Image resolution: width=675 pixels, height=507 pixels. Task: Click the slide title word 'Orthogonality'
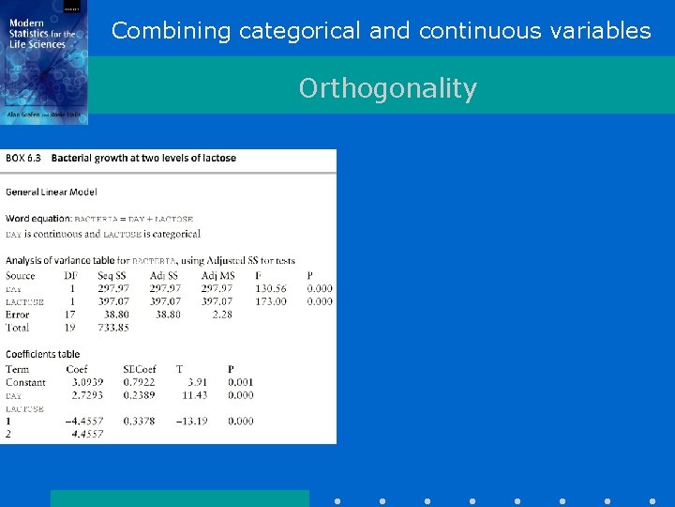(387, 88)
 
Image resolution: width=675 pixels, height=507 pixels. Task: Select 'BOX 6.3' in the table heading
(25, 158)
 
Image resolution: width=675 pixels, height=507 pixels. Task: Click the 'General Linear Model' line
(51, 192)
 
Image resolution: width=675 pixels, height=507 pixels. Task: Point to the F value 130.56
(271, 289)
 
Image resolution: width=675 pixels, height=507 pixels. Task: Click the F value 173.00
(271, 301)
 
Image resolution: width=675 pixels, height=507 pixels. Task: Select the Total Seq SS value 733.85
(113, 328)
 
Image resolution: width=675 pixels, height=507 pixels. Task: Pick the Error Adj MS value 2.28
(222, 315)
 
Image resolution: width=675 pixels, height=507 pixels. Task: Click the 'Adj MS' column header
(217, 276)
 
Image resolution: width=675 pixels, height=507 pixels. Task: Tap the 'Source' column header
(20, 276)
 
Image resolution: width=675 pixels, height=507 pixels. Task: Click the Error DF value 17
(70, 315)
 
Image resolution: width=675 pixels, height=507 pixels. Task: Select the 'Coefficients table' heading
(42, 354)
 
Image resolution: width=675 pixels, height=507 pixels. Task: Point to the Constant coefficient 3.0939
(86, 382)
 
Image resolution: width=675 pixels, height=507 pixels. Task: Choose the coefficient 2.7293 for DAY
(86, 395)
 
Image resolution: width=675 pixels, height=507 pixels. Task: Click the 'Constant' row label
(25, 382)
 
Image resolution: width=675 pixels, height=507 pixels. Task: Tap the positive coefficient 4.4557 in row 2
(87, 435)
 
